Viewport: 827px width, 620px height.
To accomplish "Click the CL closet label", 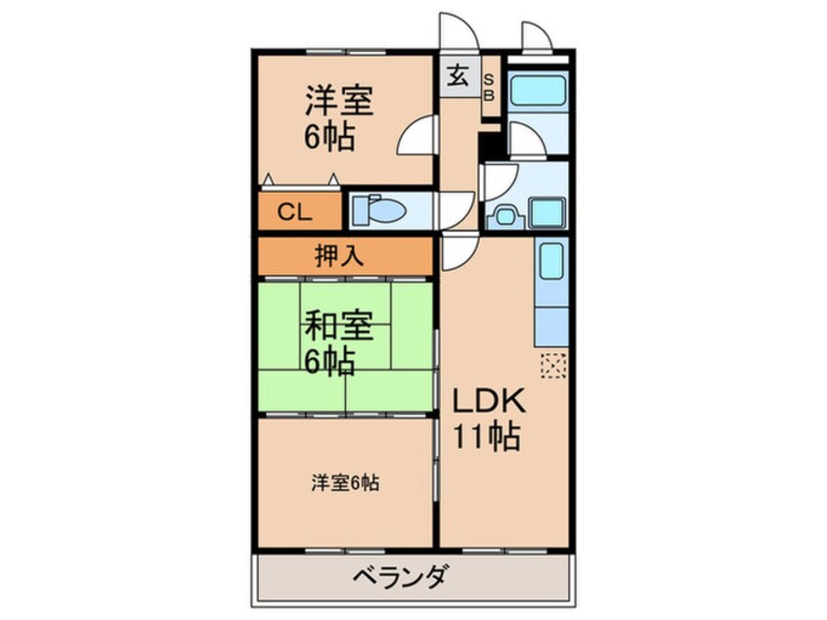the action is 295,212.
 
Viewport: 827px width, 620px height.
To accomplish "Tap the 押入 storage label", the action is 338,256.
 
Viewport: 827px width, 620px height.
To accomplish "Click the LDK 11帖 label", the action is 489,419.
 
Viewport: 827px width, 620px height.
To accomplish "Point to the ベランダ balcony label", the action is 402,576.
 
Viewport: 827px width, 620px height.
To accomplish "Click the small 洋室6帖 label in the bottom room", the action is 345,483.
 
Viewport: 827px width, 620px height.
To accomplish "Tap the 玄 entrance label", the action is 457,77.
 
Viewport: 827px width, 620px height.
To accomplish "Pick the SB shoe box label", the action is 489,88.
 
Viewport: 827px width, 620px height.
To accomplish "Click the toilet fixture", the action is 378,209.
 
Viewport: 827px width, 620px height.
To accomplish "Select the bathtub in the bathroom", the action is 538,90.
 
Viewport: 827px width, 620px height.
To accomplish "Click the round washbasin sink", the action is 505,216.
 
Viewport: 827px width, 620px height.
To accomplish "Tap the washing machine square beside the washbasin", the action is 547,212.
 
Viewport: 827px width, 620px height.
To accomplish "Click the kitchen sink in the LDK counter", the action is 551,262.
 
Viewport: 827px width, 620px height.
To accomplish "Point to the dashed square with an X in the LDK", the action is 553,365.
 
